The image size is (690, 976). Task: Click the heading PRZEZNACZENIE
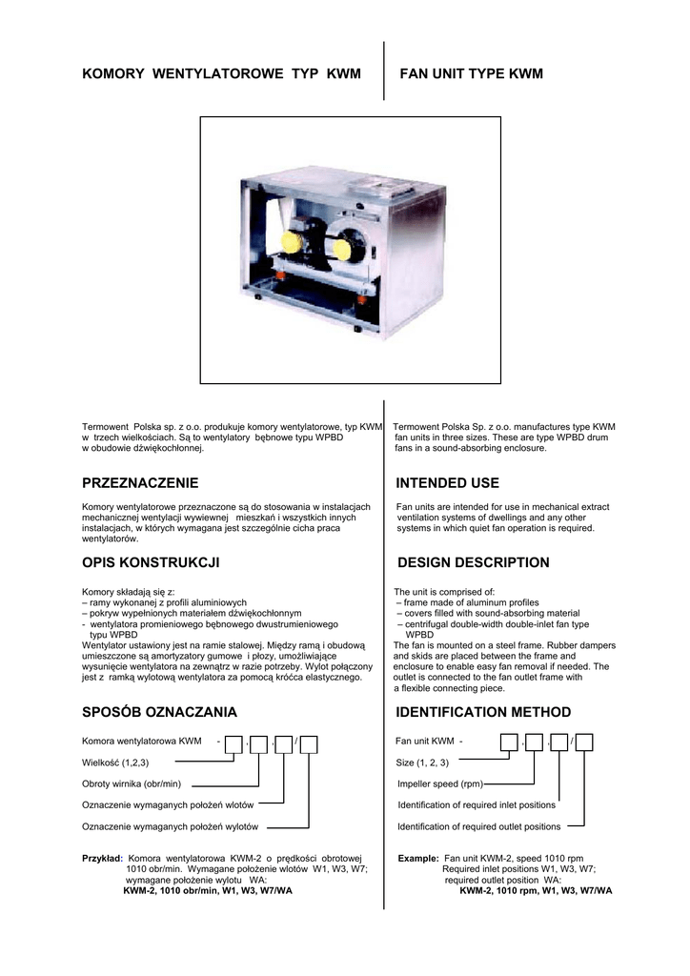(x=140, y=483)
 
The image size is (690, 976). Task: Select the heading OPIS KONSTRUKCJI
(x=151, y=563)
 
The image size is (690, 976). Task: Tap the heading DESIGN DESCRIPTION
(x=472, y=563)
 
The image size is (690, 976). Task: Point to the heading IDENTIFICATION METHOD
(x=483, y=712)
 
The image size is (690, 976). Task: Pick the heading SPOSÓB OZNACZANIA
(x=159, y=712)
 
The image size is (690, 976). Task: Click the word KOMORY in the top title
(x=115, y=73)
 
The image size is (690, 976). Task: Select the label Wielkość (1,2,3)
(x=115, y=762)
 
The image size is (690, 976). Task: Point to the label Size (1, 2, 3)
(x=422, y=762)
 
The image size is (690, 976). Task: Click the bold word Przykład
(x=102, y=858)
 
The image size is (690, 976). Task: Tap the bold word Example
(x=418, y=858)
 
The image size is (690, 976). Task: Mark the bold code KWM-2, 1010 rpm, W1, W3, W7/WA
(x=536, y=890)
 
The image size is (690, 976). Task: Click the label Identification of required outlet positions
(x=478, y=826)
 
